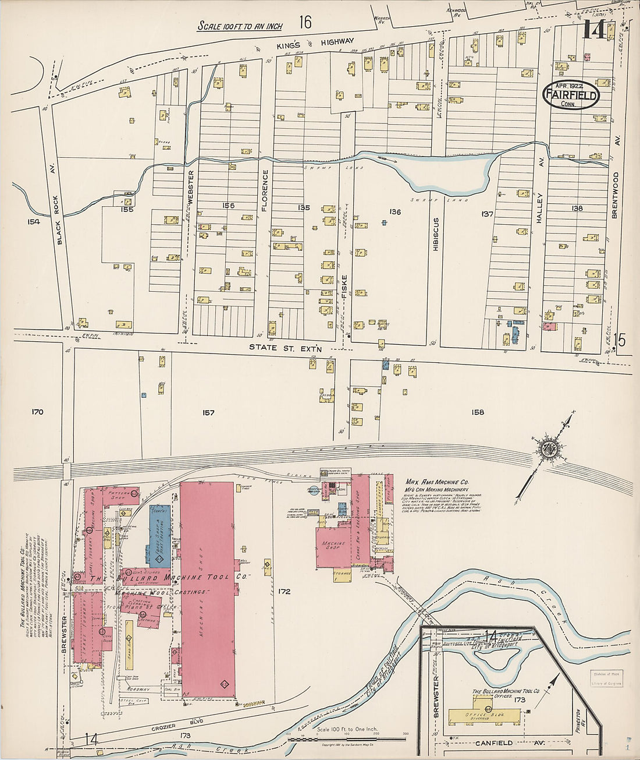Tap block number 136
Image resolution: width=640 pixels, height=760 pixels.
[395, 212]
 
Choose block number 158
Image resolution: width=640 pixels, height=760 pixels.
[478, 412]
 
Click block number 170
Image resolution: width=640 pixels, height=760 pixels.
[37, 412]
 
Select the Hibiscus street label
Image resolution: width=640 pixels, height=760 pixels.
[435, 234]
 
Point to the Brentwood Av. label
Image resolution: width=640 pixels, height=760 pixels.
[616, 186]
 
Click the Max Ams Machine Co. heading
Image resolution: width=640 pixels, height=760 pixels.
[436, 483]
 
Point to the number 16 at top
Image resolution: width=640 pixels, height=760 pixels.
[305, 22]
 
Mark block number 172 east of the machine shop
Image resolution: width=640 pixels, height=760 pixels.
[284, 592]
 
